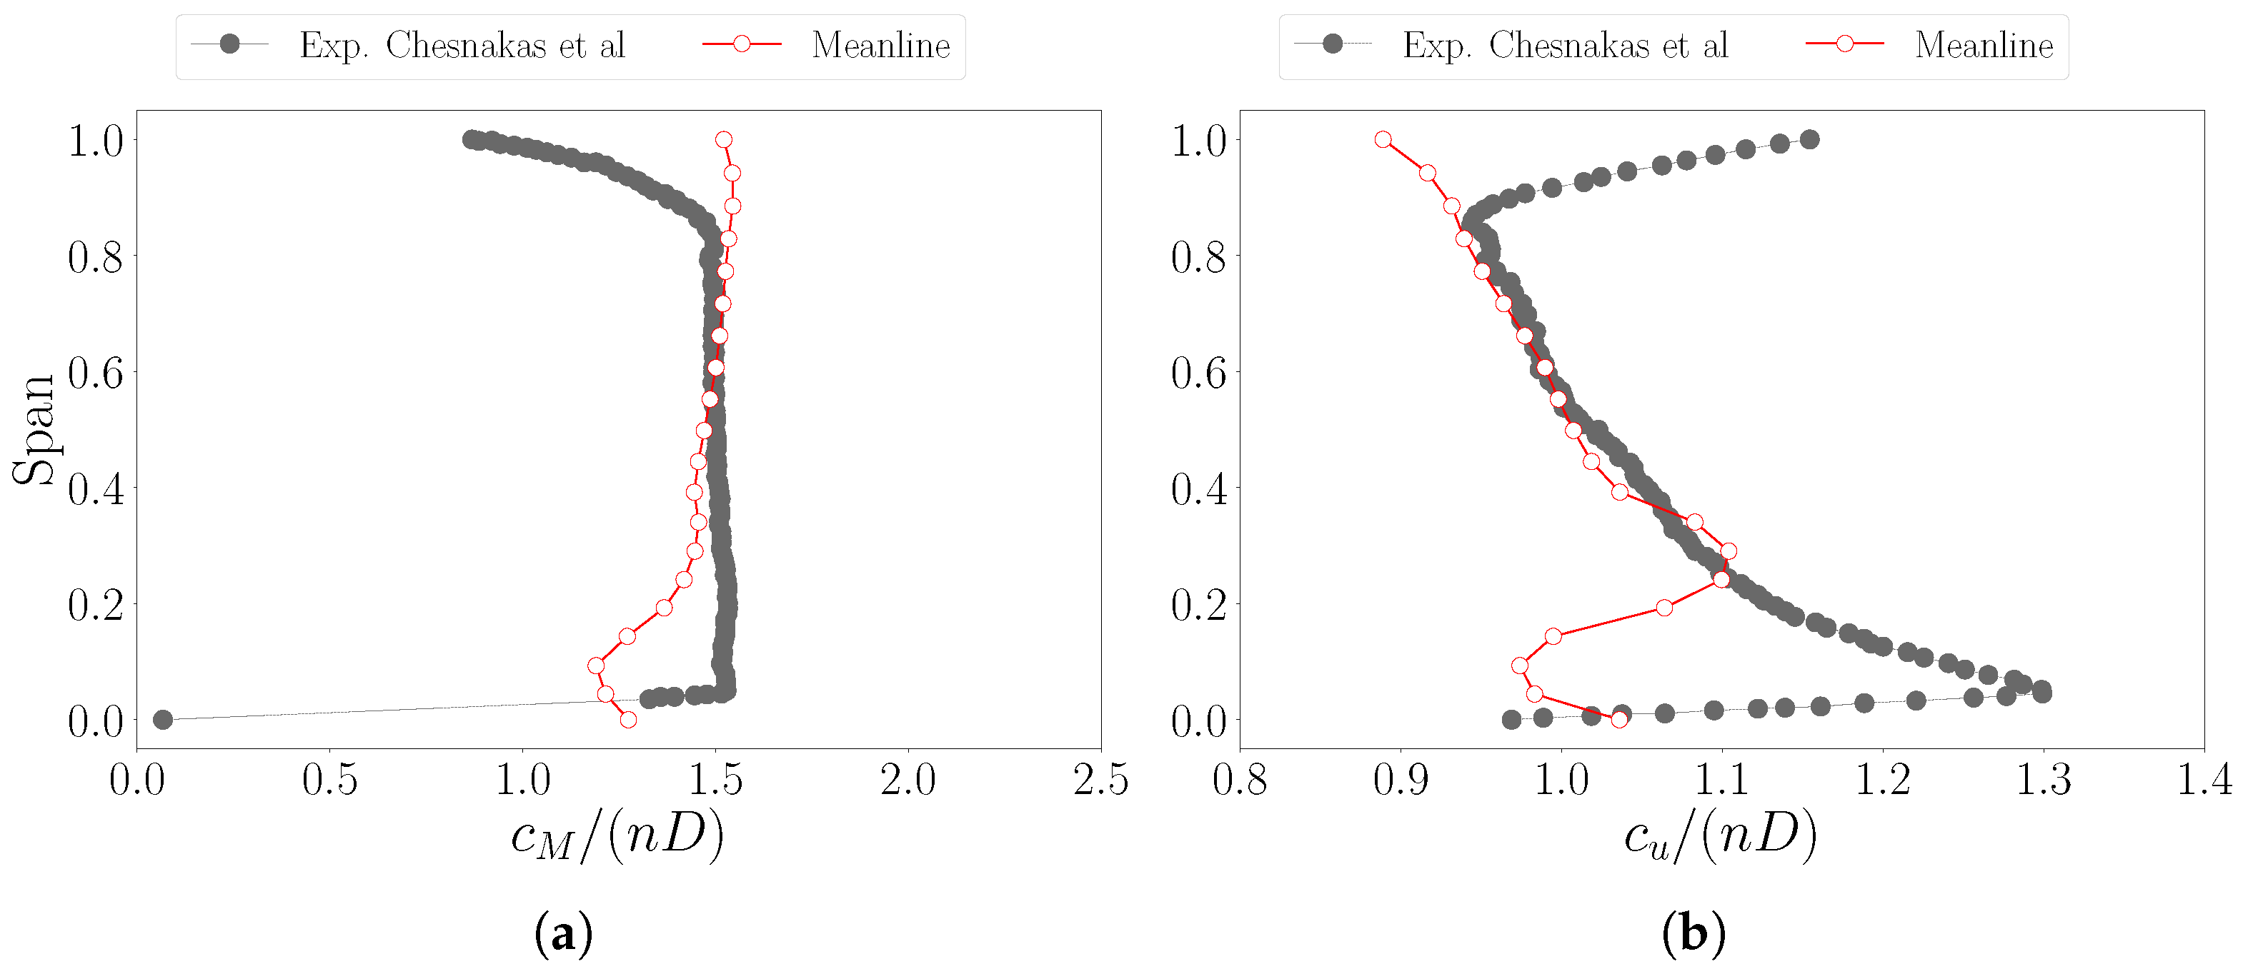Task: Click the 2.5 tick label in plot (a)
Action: tap(1100, 780)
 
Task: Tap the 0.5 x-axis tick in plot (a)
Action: tap(329, 780)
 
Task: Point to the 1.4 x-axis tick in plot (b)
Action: tap(2204, 780)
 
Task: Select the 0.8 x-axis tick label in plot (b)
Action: tap(1239, 780)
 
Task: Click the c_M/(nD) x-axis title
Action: tap(617, 835)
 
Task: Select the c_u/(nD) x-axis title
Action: tap(1720, 835)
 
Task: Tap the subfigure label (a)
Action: tap(562, 934)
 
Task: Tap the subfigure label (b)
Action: tap(1693, 934)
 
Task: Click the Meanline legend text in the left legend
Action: tap(880, 45)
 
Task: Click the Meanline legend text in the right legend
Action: tap(1984, 45)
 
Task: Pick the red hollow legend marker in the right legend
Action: tap(1844, 44)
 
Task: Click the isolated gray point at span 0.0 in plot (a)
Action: tap(163, 720)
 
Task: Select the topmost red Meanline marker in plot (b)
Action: tap(1383, 139)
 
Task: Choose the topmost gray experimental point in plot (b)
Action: tap(1809, 139)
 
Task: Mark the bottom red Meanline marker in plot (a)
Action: tap(628, 720)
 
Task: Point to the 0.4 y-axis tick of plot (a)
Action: tap(95, 489)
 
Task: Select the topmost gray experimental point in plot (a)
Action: tap(472, 139)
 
